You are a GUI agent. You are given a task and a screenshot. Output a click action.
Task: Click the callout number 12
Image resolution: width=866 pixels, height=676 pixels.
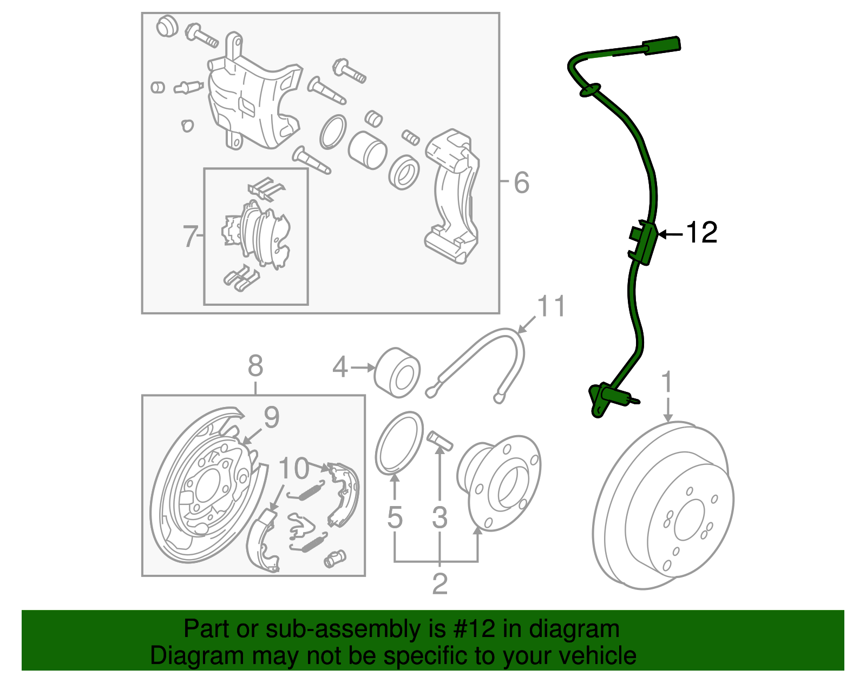[702, 233]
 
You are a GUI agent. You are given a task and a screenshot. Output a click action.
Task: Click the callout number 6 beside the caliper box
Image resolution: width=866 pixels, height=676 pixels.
[521, 182]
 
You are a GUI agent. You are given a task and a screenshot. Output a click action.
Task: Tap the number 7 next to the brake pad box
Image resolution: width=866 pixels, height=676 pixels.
[189, 237]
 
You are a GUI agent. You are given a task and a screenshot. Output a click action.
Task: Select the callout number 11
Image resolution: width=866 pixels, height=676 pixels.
[551, 306]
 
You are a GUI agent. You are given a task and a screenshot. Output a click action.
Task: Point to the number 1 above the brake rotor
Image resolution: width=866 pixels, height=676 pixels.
[667, 382]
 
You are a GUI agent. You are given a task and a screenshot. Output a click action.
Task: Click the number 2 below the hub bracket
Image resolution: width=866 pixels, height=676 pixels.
[439, 583]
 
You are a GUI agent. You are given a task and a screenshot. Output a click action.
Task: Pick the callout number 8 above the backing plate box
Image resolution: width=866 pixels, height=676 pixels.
[255, 366]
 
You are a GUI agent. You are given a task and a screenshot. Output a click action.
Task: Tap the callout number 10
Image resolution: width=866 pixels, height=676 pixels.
[294, 469]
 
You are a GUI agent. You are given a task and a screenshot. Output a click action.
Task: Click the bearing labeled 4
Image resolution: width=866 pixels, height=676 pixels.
[398, 373]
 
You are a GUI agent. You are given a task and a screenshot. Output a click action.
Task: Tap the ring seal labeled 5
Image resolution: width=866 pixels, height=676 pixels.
[399, 443]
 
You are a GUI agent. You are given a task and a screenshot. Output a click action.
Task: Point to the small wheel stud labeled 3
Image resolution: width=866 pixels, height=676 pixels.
[439, 440]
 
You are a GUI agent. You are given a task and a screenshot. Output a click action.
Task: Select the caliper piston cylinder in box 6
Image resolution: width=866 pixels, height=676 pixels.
[366, 149]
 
